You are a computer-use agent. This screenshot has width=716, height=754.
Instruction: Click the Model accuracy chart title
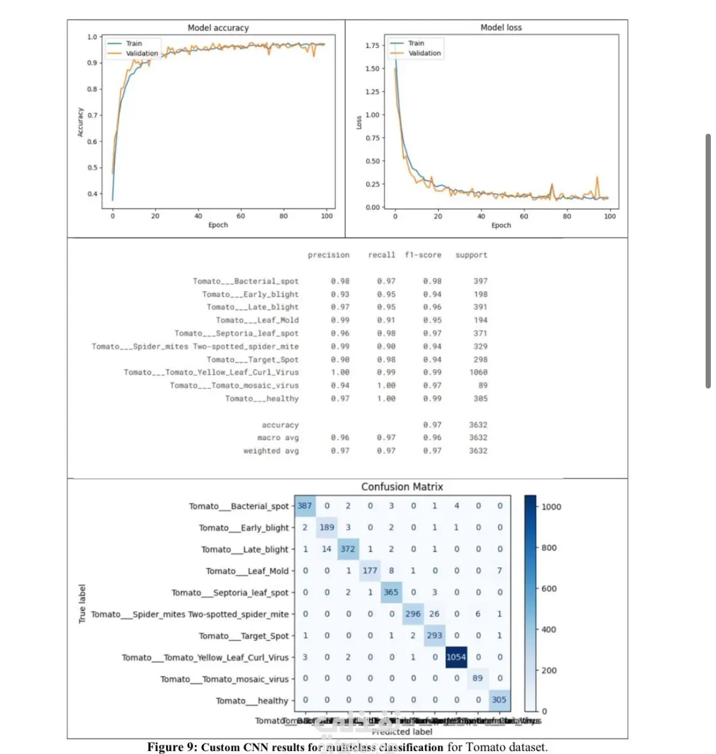point(218,28)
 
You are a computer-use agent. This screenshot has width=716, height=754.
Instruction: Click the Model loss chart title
point(500,27)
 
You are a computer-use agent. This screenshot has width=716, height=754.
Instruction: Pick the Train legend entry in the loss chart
point(416,43)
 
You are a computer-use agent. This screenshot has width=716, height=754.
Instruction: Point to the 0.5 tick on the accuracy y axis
point(92,168)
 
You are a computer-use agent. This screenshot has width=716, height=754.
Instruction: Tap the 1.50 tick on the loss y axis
point(372,69)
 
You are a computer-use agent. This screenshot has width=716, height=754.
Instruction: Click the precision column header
point(328,255)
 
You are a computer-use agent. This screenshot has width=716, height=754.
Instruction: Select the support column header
point(471,255)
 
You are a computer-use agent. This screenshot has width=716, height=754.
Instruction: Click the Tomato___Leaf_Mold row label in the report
point(257,320)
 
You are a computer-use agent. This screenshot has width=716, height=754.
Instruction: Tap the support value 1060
point(478,372)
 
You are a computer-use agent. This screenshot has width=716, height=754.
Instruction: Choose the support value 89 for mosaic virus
point(483,385)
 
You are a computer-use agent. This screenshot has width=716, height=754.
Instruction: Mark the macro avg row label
point(278,438)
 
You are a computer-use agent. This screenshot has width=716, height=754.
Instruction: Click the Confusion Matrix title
point(402,487)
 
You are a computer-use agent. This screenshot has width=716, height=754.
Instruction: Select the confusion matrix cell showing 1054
point(455,657)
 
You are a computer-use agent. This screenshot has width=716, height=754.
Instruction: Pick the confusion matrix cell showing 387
point(304,506)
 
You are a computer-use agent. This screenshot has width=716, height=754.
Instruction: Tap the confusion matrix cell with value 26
point(434,614)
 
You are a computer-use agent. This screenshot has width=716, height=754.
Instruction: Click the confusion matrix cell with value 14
point(326,549)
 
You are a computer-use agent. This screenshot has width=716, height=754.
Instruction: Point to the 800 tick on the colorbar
point(549,548)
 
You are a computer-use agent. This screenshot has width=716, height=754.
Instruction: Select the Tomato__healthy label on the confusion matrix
point(252,700)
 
